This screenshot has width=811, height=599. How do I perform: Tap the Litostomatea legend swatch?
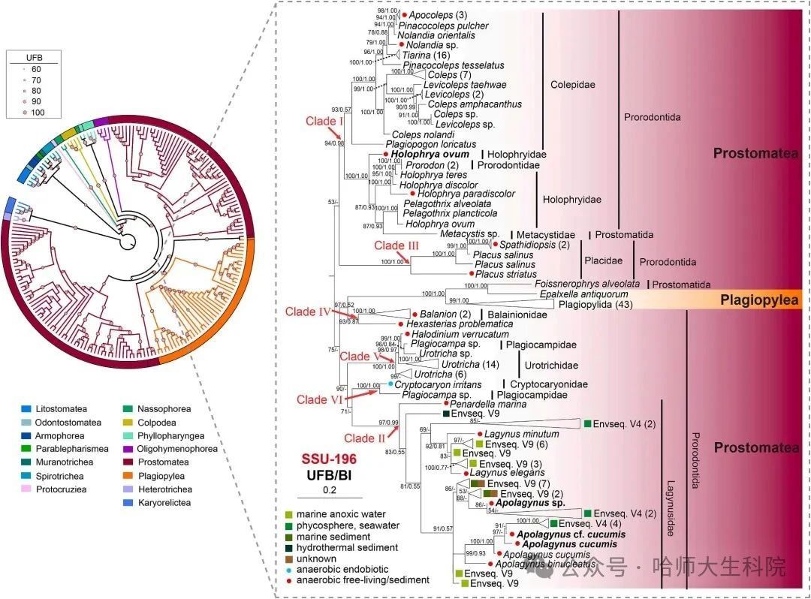[26, 409]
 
